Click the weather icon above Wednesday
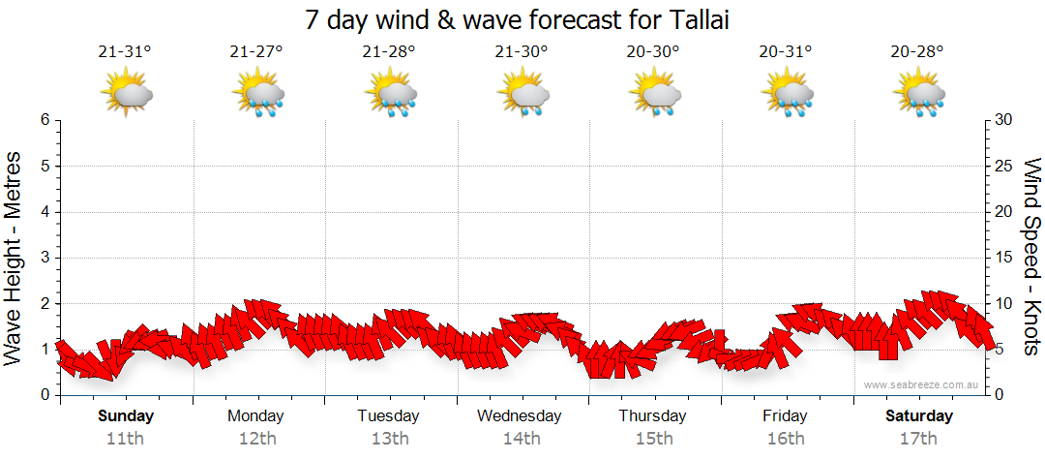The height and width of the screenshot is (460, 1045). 522,94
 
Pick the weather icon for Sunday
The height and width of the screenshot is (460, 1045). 126,94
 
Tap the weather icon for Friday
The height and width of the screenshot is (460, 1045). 787,94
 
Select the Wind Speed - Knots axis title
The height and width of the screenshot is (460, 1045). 1030,258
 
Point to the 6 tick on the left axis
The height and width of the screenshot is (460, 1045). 44,120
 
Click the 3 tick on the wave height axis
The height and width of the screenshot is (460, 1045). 44,258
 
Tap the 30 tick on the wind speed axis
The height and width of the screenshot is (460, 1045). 1004,120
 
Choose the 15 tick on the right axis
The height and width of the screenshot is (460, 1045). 1004,258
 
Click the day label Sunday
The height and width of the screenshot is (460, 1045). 126,416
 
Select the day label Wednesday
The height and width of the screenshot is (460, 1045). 520,416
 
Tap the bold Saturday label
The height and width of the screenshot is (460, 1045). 919,416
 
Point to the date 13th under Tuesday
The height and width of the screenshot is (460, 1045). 388,439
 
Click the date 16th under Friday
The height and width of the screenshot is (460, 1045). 785,439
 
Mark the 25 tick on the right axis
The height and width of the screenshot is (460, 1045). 1004,167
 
